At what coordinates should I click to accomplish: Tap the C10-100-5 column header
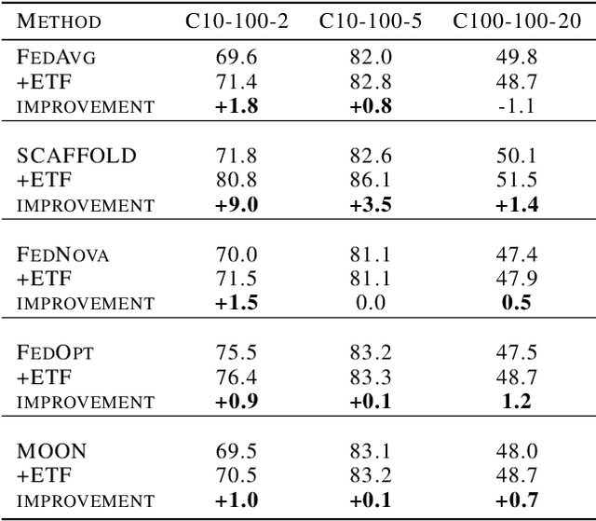coord(370,21)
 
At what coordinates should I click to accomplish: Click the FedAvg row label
coord(58,58)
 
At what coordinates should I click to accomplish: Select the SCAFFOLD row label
coord(76,156)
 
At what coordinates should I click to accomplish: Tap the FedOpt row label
coord(56,352)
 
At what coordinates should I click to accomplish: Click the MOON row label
coord(53,450)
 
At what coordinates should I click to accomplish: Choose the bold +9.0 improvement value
coord(237,204)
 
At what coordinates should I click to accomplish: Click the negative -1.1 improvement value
coord(514,106)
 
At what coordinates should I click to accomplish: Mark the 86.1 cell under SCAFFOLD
coord(371,180)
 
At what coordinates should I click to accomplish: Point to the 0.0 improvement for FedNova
coord(371,303)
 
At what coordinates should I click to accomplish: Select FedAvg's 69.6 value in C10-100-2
coord(237,58)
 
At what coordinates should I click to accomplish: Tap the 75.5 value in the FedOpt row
coord(237,352)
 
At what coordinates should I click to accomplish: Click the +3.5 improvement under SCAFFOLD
coord(371,204)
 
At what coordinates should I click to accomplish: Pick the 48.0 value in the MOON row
coord(514,450)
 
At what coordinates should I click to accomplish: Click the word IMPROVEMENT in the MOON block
coord(85,500)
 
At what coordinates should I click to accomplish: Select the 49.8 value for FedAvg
coord(514,58)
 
